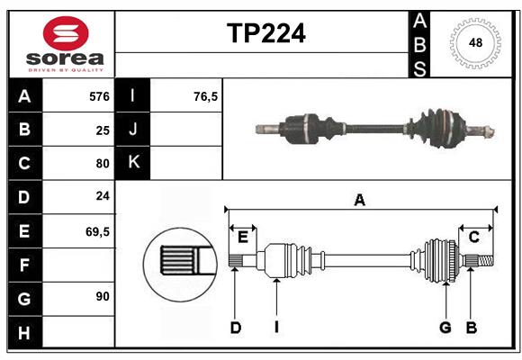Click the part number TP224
coord(265,33)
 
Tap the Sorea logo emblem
coord(66,34)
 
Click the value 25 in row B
coord(103,130)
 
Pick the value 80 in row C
coord(103,164)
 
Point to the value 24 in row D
coord(103,197)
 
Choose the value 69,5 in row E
coord(97,231)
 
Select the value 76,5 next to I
coord(206,95)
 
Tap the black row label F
coord(24,265)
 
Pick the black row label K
coord(133,163)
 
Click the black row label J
coord(133,130)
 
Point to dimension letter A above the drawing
coord(360,200)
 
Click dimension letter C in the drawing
coord(473,237)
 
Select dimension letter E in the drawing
coord(242,237)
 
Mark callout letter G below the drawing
coord(445,328)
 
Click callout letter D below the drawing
coord(235,328)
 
